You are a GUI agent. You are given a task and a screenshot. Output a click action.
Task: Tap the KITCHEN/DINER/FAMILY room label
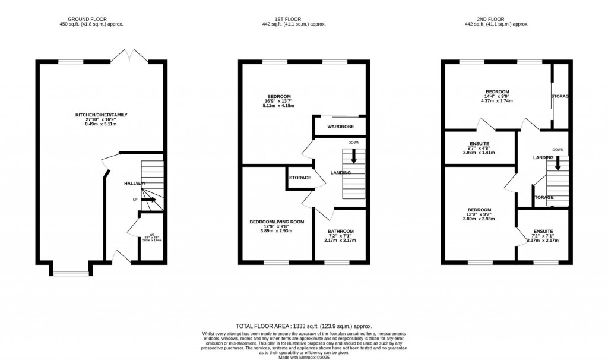click(x=101, y=115)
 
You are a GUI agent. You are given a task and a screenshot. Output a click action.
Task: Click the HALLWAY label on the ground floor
click(x=135, y=184)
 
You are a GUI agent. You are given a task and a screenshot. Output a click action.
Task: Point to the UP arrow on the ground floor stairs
click(x=148, y=200)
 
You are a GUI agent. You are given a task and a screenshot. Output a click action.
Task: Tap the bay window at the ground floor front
click(x=65, y=273)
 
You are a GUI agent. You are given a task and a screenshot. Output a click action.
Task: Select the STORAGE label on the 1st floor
click(x=300, y=178)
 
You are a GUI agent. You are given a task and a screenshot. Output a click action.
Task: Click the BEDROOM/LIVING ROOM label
click(x=276, y=222)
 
